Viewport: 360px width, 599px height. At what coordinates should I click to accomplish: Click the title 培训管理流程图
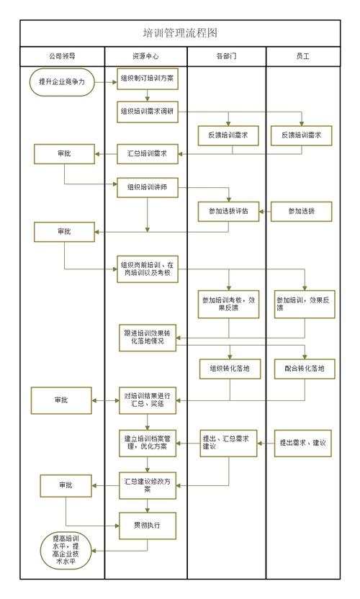click(x=180, y=32)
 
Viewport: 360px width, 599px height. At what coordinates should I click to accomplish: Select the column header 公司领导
click(x=61, y=55)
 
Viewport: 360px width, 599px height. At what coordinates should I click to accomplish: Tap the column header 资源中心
click(x=145, y=55)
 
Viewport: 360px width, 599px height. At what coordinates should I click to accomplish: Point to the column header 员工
click(x=302, y=55)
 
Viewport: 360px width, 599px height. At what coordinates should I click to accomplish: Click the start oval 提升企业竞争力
click(x=62, y=81)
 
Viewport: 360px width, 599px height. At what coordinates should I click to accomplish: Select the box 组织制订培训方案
click(x=147, y=78)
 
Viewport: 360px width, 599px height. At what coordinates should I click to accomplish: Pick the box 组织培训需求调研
click(x=147, y=112)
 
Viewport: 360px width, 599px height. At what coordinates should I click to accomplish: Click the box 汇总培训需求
click(x=147, y=153)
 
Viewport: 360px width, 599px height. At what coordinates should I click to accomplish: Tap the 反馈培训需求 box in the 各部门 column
click(x=229, y=135)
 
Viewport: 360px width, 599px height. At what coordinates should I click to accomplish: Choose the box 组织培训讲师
click(x=147, y=187)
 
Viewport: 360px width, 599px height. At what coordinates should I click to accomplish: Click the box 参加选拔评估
click(x=229, y=211)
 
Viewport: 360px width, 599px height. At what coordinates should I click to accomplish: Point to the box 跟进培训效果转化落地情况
click(x=147, y=336)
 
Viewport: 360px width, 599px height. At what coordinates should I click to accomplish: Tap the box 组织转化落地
click(x=229, y=369)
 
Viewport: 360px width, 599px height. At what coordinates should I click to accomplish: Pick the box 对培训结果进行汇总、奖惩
click(x=147, y=400)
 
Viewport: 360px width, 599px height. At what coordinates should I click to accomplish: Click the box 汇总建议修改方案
click(x=147, y=484)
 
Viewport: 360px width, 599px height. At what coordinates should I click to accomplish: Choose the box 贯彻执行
click(x=147, y=524)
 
